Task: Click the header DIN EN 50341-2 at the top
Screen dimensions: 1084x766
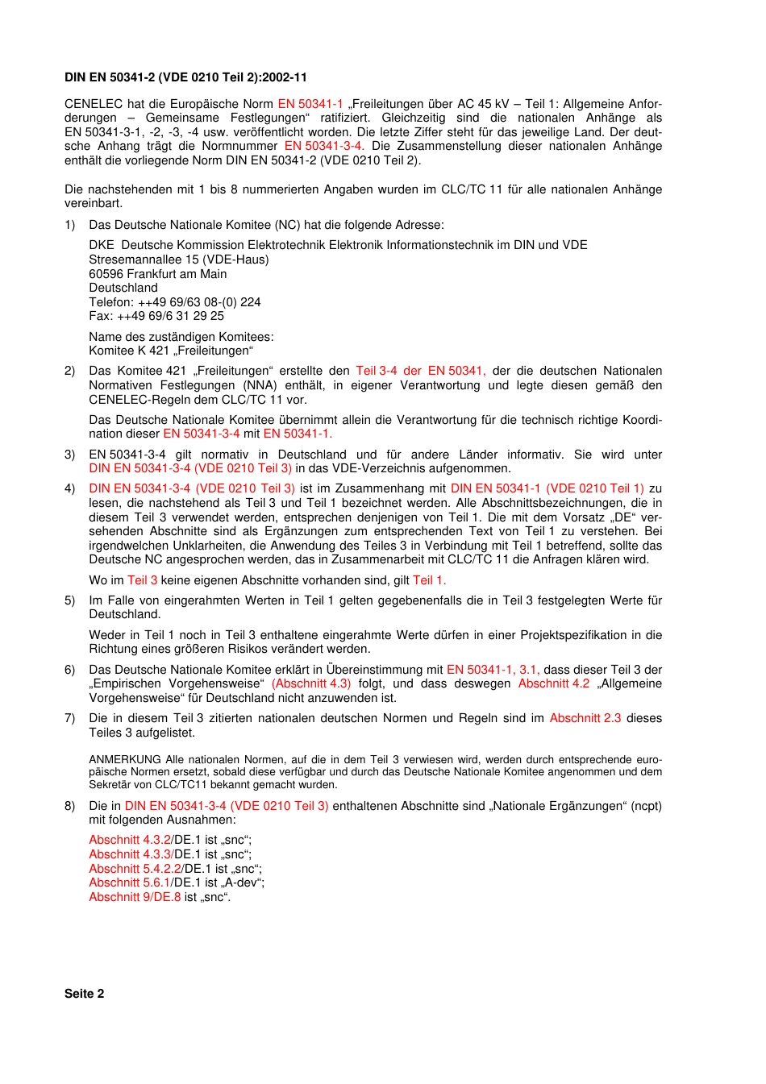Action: (x=185, y=77)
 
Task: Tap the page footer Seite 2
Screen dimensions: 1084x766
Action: (x=84, y=994)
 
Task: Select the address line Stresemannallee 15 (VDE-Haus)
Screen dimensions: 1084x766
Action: (x=179, y=260)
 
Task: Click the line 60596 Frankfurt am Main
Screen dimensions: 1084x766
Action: (x=158, y=274)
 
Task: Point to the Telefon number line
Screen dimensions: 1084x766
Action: (x=175, y=302)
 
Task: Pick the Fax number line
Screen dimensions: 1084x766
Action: (x=156, y=316)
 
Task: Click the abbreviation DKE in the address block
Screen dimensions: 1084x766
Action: (x=102, y=245)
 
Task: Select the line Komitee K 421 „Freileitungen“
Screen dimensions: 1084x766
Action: (x=171, y=351)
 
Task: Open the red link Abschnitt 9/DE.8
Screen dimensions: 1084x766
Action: (x=135, y=897)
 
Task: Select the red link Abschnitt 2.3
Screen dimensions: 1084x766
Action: (x=585, y=718)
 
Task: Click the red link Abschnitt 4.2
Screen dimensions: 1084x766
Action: (x=554, y=683)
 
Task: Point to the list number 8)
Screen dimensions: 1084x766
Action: (x=70, y=806)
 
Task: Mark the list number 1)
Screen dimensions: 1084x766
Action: (x=70, y=225)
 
